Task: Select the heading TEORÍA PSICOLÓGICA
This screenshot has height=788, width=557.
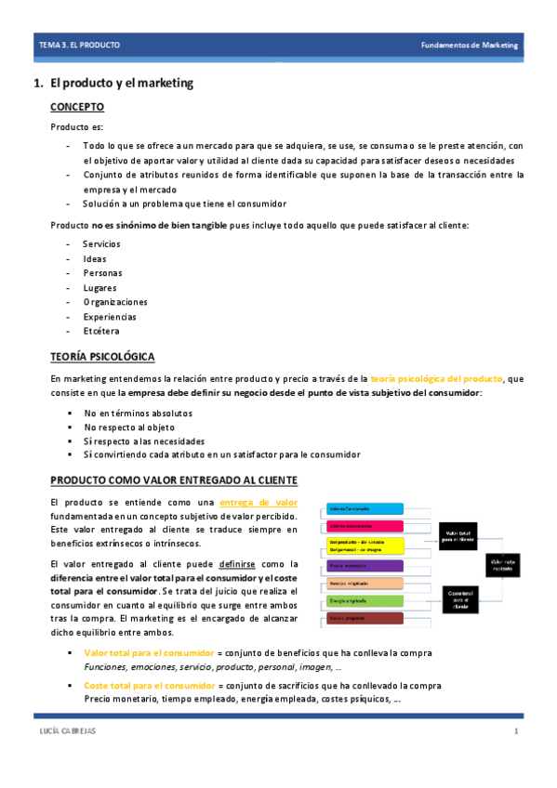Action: (102, 358)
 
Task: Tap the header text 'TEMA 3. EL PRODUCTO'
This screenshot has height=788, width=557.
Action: (78, 45)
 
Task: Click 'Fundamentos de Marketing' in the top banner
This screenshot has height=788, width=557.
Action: (470, 45)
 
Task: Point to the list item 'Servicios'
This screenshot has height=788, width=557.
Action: (101, 244)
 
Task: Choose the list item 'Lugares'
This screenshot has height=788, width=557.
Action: (99, 288)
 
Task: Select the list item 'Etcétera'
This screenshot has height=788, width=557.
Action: (101, 331)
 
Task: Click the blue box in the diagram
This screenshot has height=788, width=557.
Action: (364, 508)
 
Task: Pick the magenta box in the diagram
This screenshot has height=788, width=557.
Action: (364, 526)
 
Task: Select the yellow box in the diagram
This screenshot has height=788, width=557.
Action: (364, 545)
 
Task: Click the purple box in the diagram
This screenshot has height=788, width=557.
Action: (364, 565)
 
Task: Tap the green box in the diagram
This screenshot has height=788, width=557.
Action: (364, 601)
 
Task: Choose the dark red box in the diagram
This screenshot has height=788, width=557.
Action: (364, 619)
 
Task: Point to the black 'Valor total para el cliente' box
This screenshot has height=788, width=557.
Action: (459, 533)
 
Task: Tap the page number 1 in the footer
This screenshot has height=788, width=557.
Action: (515, 733)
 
